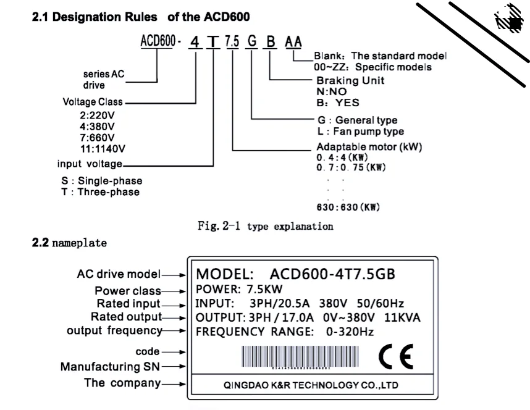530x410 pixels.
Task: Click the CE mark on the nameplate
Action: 396,357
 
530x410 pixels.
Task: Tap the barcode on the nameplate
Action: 300,356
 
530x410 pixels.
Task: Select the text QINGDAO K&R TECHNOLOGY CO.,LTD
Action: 311,385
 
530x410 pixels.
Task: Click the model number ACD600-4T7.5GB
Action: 332,274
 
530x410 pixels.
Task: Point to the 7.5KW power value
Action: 264,290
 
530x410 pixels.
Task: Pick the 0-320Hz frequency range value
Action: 350,332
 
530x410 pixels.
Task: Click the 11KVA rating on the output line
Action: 402,318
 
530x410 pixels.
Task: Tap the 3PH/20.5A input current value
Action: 279,304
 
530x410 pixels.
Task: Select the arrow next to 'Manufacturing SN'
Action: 174,366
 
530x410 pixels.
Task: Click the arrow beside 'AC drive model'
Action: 174,275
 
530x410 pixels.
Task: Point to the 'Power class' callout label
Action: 128,291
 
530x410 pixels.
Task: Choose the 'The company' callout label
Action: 122,383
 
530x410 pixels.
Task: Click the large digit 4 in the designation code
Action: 195,42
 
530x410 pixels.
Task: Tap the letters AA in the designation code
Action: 293,41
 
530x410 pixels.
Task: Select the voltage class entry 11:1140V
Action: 103,149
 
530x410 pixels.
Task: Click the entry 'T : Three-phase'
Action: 101,192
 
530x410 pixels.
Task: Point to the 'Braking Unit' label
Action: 350,80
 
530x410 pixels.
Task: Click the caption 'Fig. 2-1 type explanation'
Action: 266,226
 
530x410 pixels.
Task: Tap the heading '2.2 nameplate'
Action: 69,243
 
